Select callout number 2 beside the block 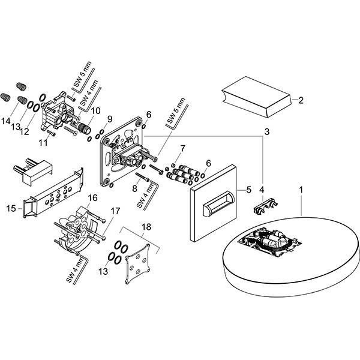(301, 100)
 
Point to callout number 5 (247, 190)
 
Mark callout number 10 (96, 110)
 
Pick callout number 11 (43, 142)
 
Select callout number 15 (11, 209)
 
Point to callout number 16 (93, 198)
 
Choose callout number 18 (146, 227)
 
